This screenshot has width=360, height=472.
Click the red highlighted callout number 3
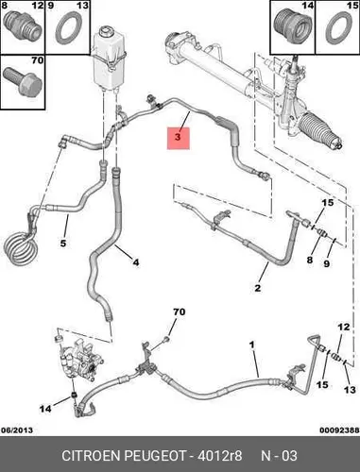tap(178, 138)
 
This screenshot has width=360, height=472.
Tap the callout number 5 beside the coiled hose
tap(63, 244)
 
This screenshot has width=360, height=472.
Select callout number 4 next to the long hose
tap(136, 262)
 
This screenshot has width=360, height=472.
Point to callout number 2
tap(258, 288)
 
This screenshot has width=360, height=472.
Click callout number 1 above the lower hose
tap(251, 345)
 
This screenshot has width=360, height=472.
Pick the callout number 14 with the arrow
tap(45, 409)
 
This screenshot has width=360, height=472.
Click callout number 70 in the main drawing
tap(179, 312)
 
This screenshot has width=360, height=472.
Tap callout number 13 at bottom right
tap(350, 390)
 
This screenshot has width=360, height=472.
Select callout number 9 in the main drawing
tap(327, 263)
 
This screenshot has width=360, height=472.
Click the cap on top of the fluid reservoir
tap(103, 31)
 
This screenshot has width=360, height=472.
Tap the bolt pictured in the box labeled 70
tap(23, 81)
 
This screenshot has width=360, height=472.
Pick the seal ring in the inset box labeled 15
tap(338, 28)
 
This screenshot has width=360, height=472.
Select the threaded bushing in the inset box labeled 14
tap(293, 26)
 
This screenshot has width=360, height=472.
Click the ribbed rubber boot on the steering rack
tap(318, 129)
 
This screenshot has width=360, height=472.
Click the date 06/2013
tap(17, 430)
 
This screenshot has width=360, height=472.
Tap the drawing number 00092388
tap(339, 430)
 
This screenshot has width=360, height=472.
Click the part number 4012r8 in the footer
tap(219, 455)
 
